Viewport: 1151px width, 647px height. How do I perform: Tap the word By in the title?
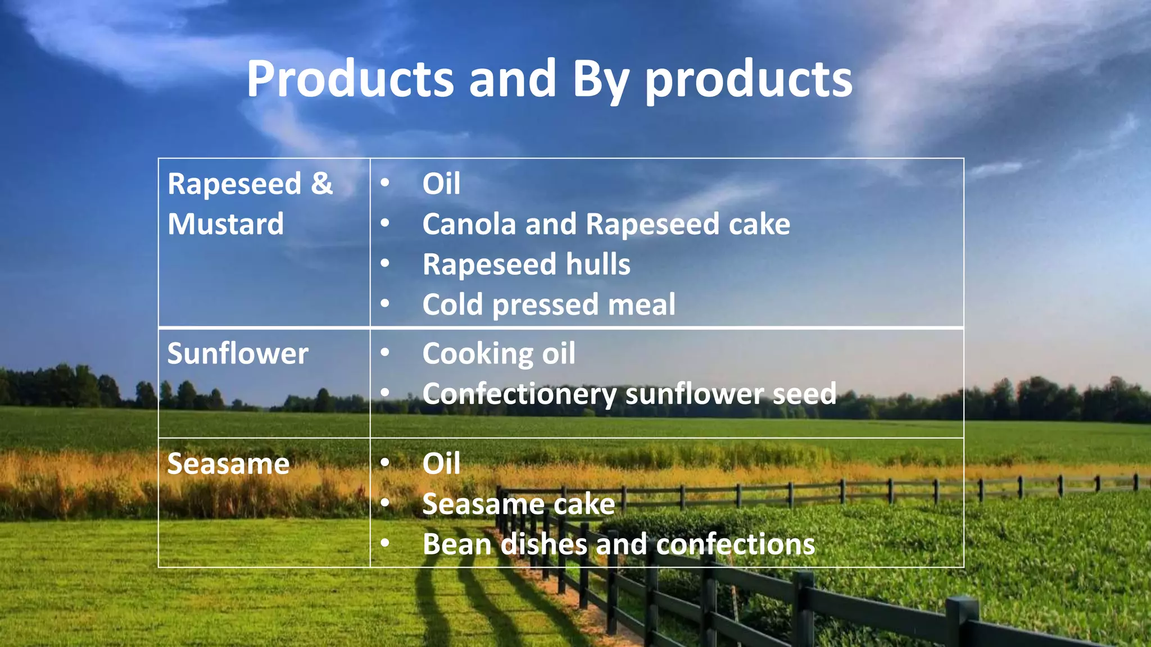600,80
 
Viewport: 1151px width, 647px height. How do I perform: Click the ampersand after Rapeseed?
321,184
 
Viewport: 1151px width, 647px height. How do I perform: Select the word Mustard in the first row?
225,224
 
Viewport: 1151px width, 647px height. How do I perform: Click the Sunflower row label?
238,354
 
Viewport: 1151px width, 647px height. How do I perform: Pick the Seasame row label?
228,464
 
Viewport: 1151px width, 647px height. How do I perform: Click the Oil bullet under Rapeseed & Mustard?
441,184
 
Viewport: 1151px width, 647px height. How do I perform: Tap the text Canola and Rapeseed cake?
606,224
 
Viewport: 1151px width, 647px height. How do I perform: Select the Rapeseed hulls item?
526,265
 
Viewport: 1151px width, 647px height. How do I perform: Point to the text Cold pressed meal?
549,304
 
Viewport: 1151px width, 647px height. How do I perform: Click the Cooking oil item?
499,354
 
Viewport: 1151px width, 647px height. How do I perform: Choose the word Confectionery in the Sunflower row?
519,394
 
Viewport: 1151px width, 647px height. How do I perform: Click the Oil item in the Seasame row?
441,464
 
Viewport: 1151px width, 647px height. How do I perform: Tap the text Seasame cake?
518,504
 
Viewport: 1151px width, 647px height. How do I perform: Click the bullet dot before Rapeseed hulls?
385,263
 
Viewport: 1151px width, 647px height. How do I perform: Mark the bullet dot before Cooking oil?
385,353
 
